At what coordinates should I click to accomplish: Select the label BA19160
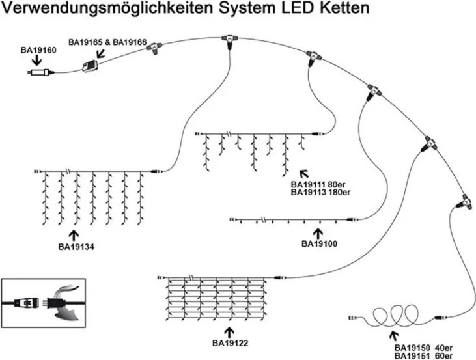pyautogui.click(x=38, y=49)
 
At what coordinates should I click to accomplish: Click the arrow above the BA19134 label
pyautogui.click(x=74, y=234)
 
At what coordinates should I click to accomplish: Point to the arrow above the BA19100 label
pyautogui.click(x=318, y=232)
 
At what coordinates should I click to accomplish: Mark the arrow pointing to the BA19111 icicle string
pyautogui.click(x=303, y=174)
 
